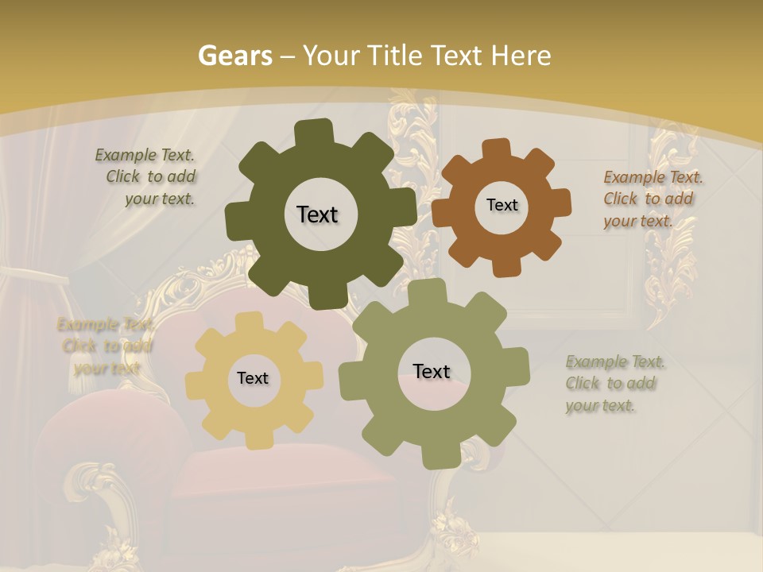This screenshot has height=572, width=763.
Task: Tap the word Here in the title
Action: click(521, 56)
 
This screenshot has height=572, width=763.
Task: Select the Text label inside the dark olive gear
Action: click(317, 214)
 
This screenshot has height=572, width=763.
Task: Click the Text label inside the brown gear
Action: click(502, 205)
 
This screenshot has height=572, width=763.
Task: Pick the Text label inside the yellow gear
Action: click(253, 379)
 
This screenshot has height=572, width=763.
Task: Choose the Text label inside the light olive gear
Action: click(432, 372)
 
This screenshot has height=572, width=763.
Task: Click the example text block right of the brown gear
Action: click(652, 199)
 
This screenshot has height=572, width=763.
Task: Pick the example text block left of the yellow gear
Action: click(105, 346)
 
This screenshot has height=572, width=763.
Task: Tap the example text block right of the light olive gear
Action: click(614, 384)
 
